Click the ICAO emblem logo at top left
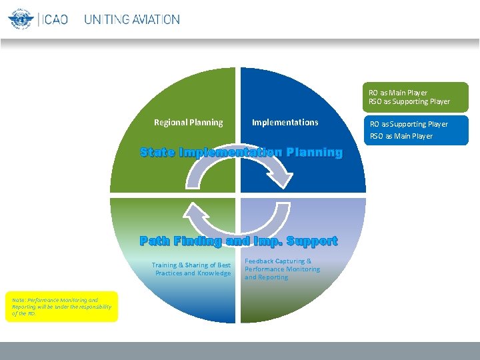20,19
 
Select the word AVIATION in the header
155,19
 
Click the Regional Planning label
189,122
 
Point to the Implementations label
285,122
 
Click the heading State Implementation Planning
241,153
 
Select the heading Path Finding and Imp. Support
239,241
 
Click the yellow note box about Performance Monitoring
61,307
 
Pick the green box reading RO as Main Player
415,97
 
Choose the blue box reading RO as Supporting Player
415,130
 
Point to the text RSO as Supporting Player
409,101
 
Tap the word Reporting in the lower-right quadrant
273,277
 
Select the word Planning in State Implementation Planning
314,153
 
